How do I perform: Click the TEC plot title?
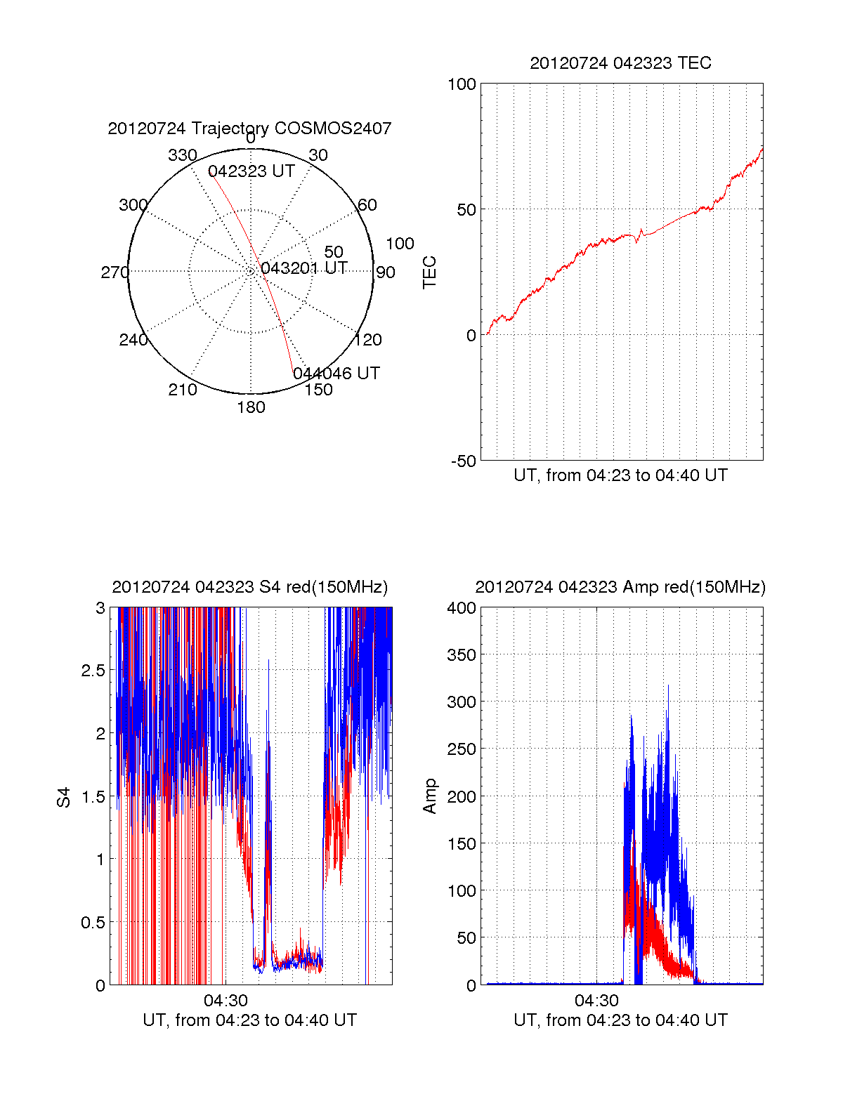click(620, 63)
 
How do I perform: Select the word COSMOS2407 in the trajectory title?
click(332, 129)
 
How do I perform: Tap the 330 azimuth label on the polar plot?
click(183, 155)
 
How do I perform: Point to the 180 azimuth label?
click(251, 407)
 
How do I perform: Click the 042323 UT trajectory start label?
click(251, 171)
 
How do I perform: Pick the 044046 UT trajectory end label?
click(336, 374)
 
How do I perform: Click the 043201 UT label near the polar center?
click(304, 268)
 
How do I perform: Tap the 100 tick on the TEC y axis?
click(462, 84)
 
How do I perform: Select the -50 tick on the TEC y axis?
click(463, 461)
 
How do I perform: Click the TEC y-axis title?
click(429, 272)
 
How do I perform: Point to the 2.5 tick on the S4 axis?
click(93, 671)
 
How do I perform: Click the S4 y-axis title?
click(63, 797)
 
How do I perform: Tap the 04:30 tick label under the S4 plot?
click(226, 1000)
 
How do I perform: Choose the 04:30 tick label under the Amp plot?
click(596, 1000)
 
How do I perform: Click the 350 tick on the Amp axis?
click(462, 655)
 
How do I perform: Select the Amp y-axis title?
click(429, 796)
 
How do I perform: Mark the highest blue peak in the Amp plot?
click(668, 685)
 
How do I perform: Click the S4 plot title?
click(250, 588)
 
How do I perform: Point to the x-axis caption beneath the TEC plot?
click(620, 475)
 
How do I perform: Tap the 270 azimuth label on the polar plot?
click(115, 272)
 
